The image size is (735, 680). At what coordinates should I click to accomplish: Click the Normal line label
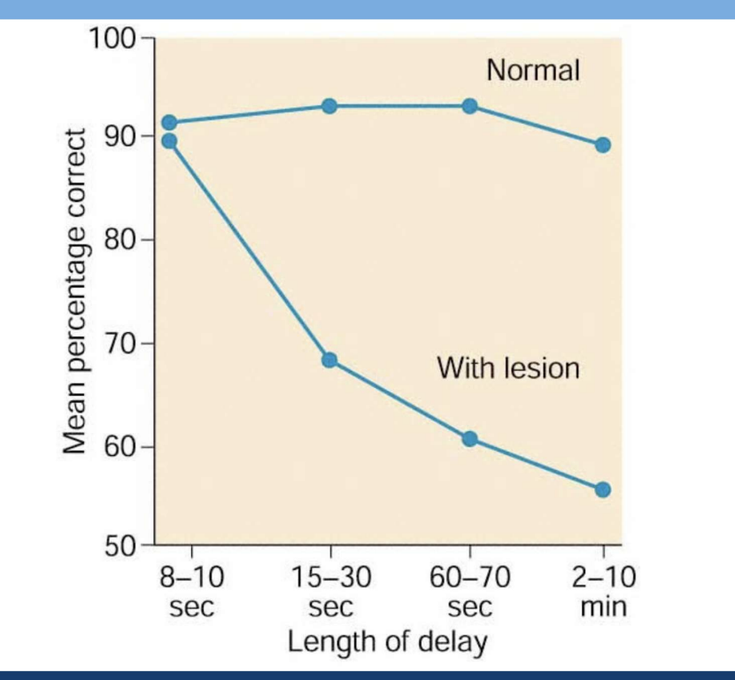(533, 71)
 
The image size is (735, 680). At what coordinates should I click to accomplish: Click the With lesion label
(508, 367)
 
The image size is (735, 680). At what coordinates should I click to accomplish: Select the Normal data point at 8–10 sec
(169, 123)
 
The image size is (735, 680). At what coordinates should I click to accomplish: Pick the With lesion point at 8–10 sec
(169, 141)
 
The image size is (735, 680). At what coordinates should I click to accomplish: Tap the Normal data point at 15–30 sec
(329, 106)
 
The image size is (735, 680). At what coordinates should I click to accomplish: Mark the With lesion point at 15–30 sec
(329, 360)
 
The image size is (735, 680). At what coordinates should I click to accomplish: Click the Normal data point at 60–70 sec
(469, 106)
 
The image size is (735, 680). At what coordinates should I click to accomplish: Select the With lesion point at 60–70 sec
(469, 439)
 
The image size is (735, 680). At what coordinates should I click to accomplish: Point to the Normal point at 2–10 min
(603, 145)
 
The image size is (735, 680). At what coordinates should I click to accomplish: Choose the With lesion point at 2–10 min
(603, 490)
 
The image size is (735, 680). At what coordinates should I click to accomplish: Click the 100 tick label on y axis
(112, 39)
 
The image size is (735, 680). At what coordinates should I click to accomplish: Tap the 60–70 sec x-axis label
(469, 593)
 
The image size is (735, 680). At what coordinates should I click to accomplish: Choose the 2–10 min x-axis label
(603, 593)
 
